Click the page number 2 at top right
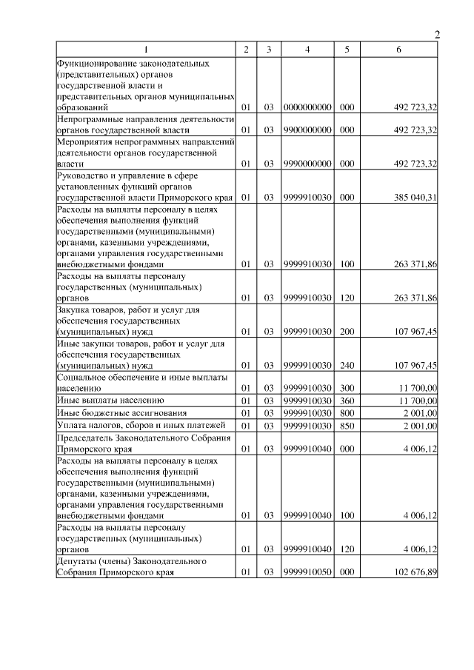(x=436, y=36)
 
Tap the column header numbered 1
(x=145, y=49)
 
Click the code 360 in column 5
(x=347, y=401)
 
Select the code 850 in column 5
(x=347, y=426)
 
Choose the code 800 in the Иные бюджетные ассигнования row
(x=347, y=413)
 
